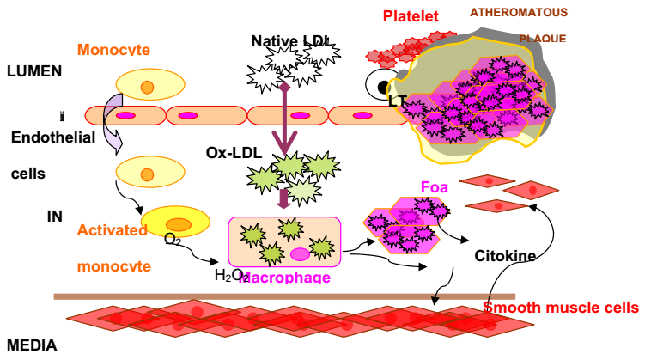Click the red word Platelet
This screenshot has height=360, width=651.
pyautogui.click(x=411, y=16)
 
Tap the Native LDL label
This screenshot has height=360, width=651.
pyautogui.click(x=291, y=40)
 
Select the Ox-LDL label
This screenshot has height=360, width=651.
pyautogui.click(x=228, y=152)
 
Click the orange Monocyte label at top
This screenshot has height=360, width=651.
pyautogui.click(x=113, y=50)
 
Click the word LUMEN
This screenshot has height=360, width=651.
pyautogui.click(x=33, y=71)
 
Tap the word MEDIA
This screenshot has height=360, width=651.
pyautogui.click(x=32, y=345)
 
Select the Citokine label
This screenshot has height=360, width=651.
pyautogui.click(x=505, y=255)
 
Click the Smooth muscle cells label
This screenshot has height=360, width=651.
pyautogui.click(x=561, y=308)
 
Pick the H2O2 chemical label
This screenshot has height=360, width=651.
pyautogui.click(x=228, y=275)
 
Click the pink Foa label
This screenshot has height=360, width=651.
pyautogui.click(x=435, y=186)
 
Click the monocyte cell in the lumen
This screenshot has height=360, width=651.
pyautogui.click(x=149, y=86)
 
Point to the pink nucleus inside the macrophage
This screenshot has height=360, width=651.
pyautogui.click(x=300, y=254)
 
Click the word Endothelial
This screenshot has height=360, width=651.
pyautogui.click(x=52, y=137)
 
